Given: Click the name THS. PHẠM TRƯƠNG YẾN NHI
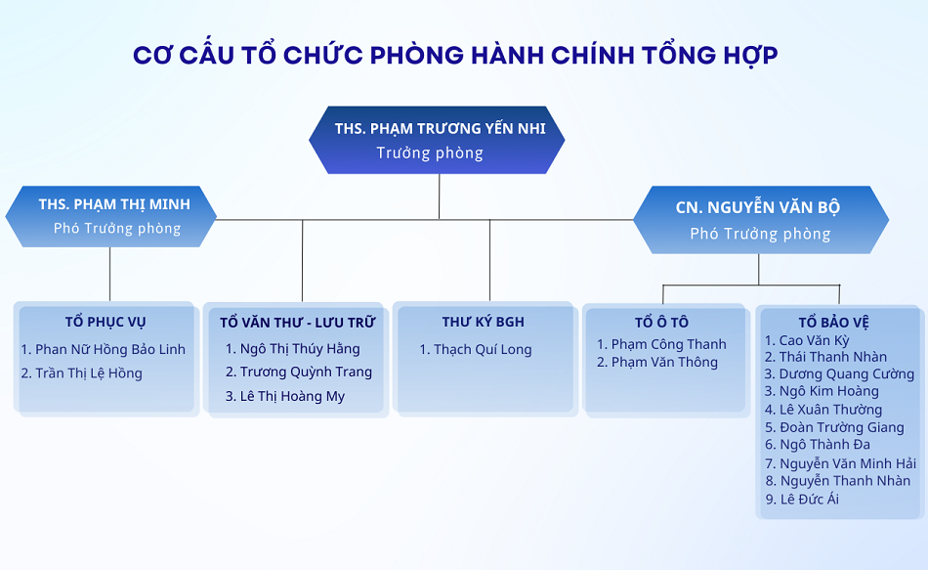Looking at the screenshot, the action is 440,129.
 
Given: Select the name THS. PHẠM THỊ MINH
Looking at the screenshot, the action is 114,204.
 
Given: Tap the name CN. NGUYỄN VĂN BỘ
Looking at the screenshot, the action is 758,207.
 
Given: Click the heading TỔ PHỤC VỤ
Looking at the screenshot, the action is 105,322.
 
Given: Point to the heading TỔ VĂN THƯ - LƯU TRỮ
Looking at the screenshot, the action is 298,323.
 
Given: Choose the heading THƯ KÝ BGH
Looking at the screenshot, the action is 483,322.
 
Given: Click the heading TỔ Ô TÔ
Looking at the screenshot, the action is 661,322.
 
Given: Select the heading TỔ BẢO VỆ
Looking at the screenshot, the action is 833,323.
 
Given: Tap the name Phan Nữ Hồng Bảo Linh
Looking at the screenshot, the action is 110,350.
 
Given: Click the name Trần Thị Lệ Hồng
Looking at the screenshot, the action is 89,373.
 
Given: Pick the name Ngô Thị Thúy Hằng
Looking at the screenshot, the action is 300,349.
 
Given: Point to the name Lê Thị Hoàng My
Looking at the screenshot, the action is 292,396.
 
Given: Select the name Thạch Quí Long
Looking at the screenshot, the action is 483,350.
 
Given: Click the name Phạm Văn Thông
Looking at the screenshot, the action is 664,362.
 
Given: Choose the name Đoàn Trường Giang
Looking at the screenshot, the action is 842,427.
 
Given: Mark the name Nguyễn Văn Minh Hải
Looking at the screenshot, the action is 848,463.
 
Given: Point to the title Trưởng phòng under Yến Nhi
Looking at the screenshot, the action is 430,153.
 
